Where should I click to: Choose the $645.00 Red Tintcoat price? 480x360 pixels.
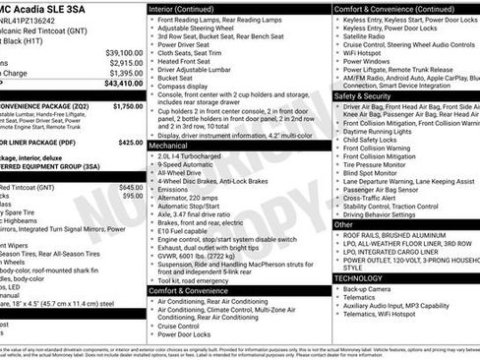click(130, 187)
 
